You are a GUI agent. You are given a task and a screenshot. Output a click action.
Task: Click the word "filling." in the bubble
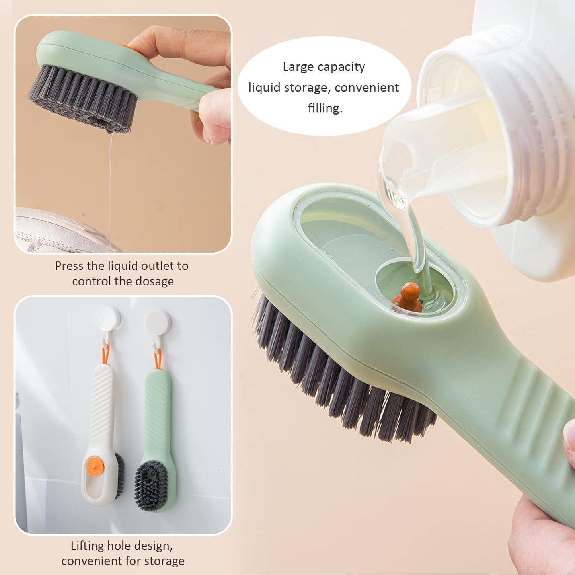[x=325, y=107]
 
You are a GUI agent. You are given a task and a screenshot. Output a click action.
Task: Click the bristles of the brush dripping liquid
[x=82, y=98]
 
